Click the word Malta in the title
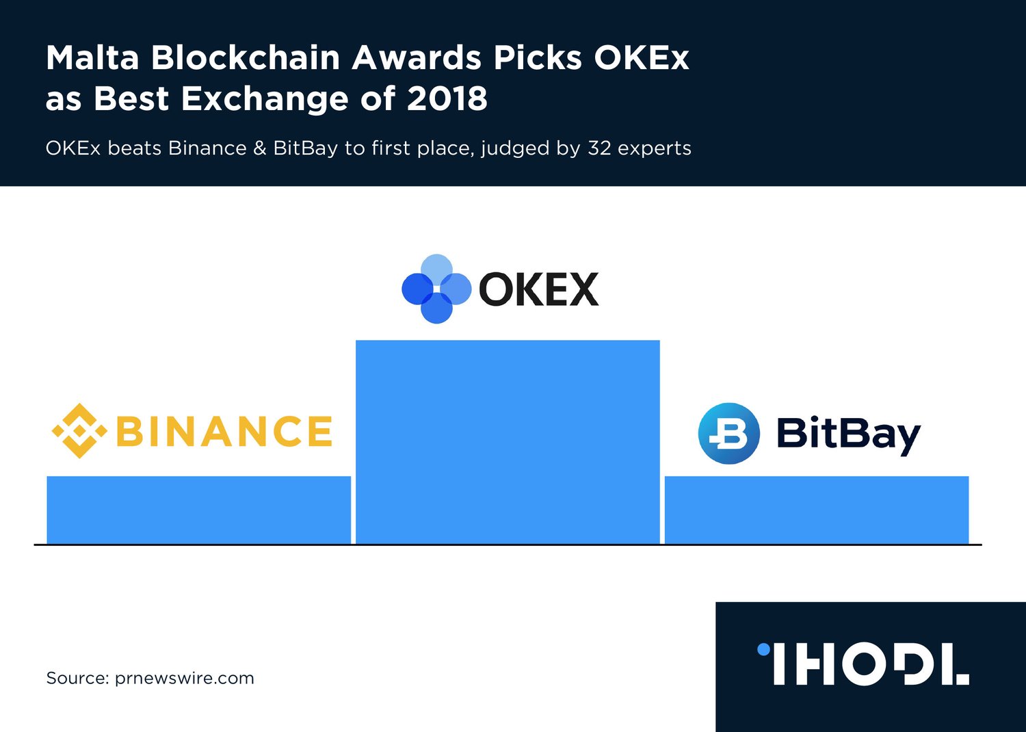point(92,57)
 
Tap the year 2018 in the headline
point(447,99)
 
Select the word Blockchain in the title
point(246,57)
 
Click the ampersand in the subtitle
point(260,148)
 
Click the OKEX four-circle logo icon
point(436,289)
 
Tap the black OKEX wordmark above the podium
point(539,289)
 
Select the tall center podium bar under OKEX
point(508,442)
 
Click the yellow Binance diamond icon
point(80,430)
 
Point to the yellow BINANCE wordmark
point(224,430)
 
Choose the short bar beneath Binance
point(199,510)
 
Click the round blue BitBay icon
point(728,433)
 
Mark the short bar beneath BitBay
point(817,510)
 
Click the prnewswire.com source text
point(184,679)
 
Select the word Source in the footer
point(77,678)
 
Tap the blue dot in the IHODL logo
point(763,649)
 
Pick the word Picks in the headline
point(537,57)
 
